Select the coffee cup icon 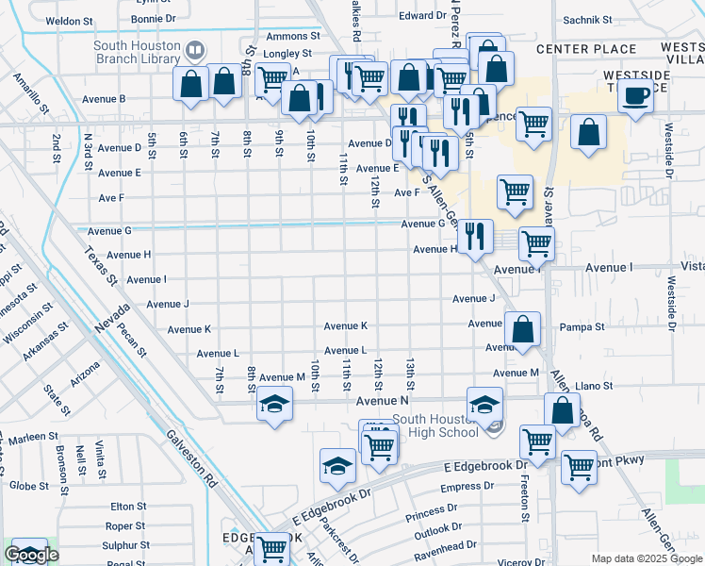coord(636,96)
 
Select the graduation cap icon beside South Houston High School coord(485,405)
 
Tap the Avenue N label coord(382,402)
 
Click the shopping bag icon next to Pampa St coord(522,329)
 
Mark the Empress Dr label coord(461,488)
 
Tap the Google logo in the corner coord(31,555)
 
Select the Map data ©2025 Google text coord(645,558)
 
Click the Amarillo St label coord(25,95)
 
